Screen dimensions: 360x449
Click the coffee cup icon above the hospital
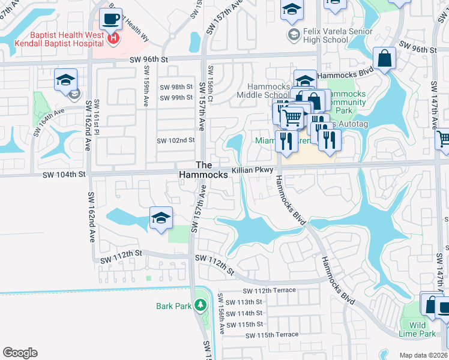tap(110, 18)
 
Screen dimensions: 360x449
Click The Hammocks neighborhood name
tap(204, 170)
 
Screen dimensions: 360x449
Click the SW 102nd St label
tap(175, 140)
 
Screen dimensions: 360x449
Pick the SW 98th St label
tap(175, 87)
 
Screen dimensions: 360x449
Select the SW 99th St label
tap(175, 97)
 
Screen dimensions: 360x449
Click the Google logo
tap(20, 353)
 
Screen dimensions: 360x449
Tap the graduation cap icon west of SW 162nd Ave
tap(66, 80)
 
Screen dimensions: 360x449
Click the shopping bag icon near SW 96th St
tap(384, 59)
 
